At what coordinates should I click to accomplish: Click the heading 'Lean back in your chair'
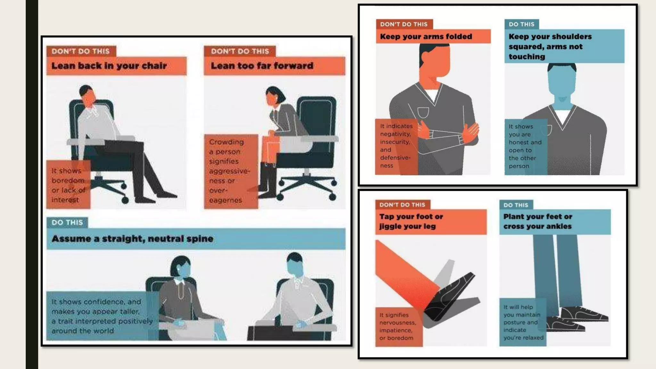coord(109,66)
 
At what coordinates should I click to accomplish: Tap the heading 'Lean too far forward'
coord(262,66)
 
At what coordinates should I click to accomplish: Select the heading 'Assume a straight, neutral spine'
coord(132,239)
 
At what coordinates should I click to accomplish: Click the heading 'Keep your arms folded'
coord(426,37)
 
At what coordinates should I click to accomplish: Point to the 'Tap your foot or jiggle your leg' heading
coord(411,221)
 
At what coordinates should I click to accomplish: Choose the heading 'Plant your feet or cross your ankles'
coord(537,221)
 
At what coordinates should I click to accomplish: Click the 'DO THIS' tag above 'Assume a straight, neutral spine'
coord(67,222)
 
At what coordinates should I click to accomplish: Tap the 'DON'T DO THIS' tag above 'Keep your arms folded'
coord(404,24)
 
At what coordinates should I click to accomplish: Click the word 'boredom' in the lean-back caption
coord(68,180)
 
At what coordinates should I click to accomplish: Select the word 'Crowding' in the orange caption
coord(226,142)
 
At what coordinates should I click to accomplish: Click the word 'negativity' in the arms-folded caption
coord(395,134)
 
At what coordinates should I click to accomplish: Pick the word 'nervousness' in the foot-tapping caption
coord(398,323)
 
